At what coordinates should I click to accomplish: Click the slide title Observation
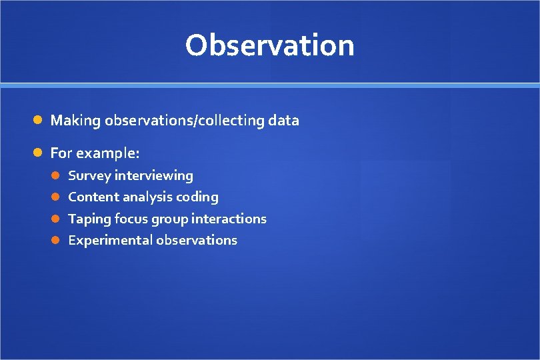click(269, 46)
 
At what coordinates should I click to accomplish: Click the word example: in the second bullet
click(107, 153)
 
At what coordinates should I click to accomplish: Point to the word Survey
click(90, 176)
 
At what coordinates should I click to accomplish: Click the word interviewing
click(154, 176)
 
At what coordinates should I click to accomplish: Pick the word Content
click(93, 197)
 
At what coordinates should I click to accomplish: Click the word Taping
click(89, 219)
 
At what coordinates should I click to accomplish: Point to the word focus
click(131, 219)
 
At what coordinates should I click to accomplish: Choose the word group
click(169, 219)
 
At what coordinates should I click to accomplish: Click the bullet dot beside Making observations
click(39, 121)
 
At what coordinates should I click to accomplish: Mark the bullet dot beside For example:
click(39, 153)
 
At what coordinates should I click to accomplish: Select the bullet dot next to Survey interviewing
click(57, 176)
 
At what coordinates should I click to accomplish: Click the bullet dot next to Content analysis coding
click(57, 197)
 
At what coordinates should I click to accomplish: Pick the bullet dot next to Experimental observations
click(57, 240)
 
